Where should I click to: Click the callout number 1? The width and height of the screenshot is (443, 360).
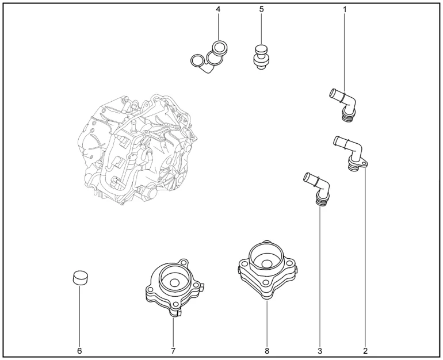click(x=345, y=9)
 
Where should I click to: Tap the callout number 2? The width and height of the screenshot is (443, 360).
click(x=365, y=351)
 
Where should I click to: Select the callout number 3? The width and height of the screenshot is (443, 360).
click(x=320, y=351)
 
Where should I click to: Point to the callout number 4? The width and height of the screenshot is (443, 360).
click(x=218, y=9)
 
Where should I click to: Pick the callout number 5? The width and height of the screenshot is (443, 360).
click(x=261, y=9)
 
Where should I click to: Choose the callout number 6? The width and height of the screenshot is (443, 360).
click(x=79, y=351)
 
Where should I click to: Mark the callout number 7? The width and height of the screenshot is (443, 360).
click(x=173, y=351)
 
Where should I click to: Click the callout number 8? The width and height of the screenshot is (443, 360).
click(x=267, y=351)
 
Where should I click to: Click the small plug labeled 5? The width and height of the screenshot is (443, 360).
click(x=261, y=56)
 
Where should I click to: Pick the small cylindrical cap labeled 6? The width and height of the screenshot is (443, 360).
click(x=79, y=278)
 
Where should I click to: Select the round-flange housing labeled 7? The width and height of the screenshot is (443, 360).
click(x=174, y=288)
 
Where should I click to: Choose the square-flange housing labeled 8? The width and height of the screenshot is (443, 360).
click(x=267, y=271)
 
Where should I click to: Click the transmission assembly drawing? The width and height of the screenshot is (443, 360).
click(x=138, y=150)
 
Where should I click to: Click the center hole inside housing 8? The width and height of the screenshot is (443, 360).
click(x=266, y=264)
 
